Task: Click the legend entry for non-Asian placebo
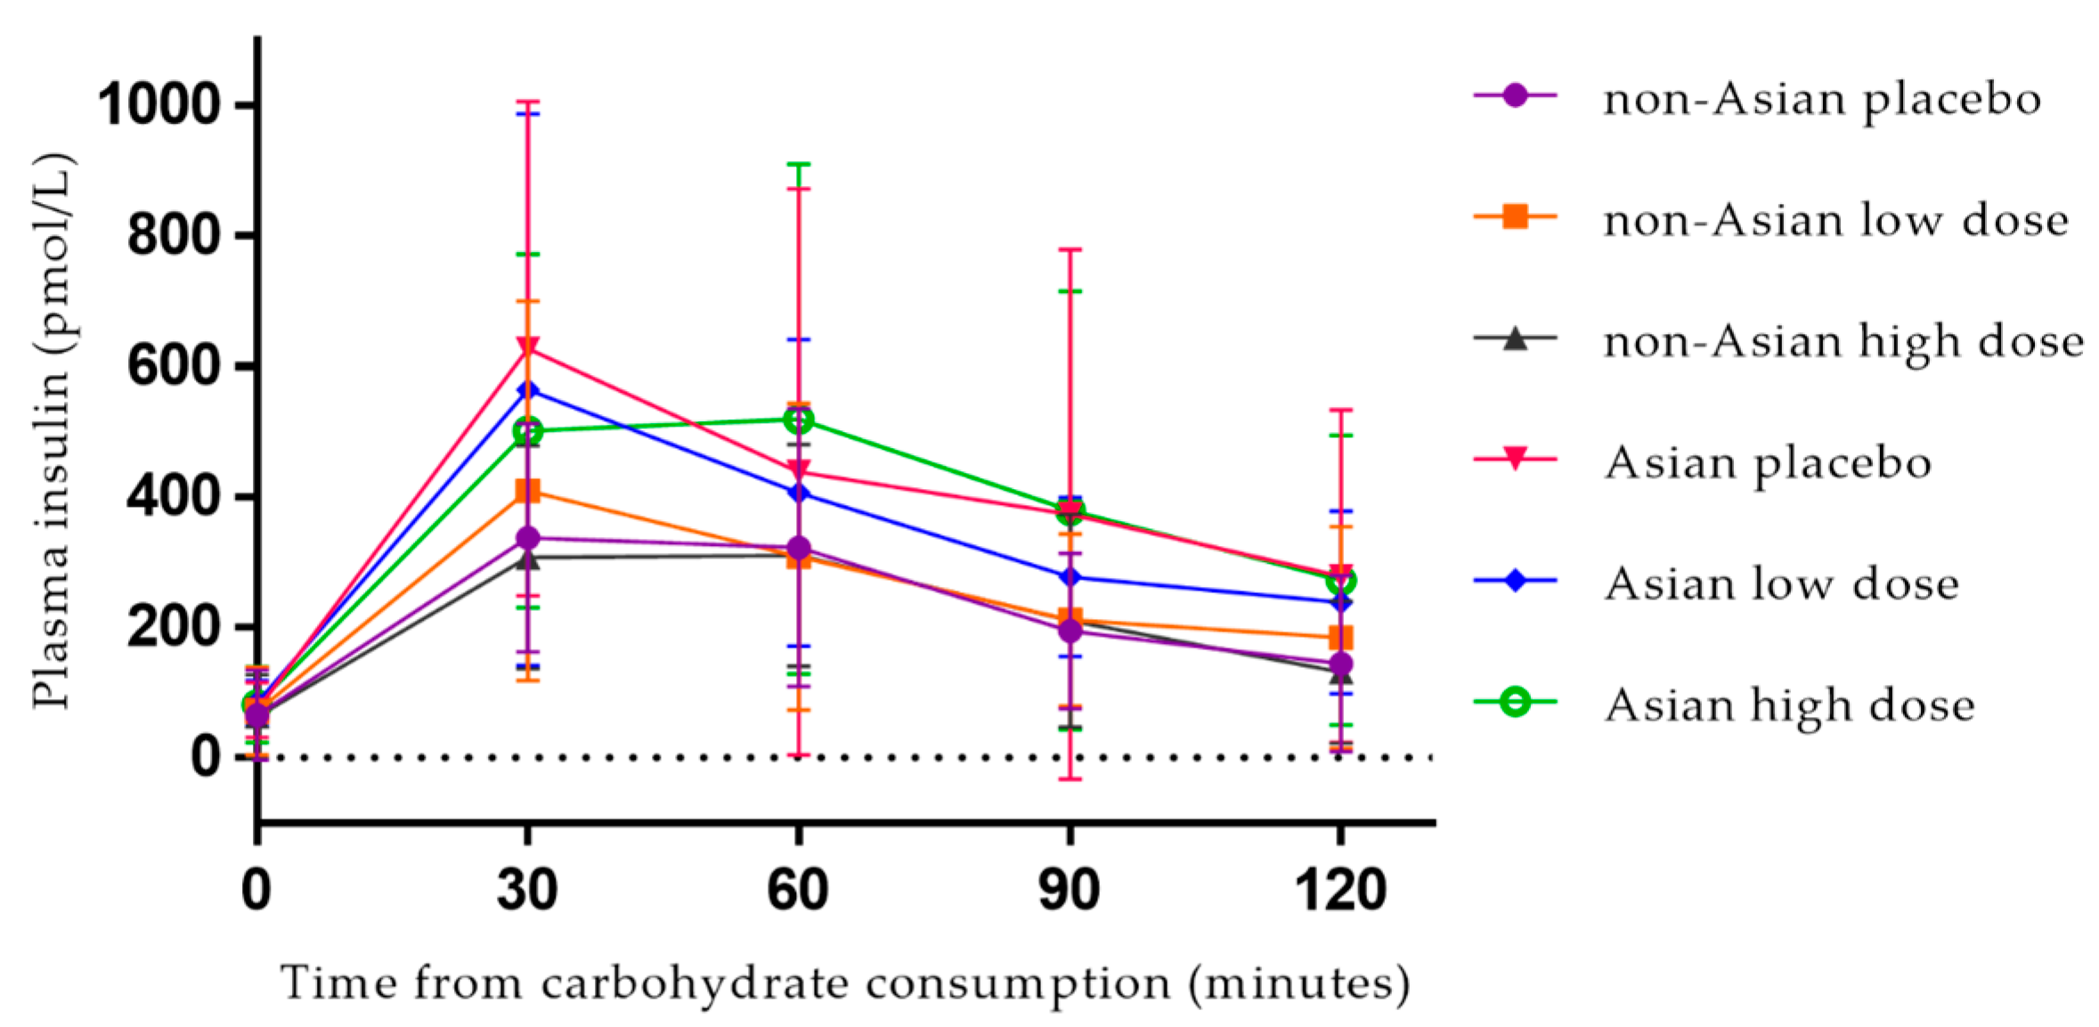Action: point(1821,98)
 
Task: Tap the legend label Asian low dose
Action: point(1782,583)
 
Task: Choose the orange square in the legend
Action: point(1515,216)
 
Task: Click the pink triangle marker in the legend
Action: point(1515,459)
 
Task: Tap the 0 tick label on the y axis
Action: point(205,757)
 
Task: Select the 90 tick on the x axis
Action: point(1070,889)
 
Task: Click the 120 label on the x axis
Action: point(1340,889)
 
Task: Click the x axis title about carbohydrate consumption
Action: point(844,983)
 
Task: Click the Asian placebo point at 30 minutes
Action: point(527,347)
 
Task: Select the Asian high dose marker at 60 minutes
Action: point(798,419)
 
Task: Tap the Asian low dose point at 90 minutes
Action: point(1070,577)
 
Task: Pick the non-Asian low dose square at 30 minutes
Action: point(527,491)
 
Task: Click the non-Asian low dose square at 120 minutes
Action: point(1340,638)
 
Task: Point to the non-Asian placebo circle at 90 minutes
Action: point(1070,631)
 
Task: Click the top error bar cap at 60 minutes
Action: point(798,164)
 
